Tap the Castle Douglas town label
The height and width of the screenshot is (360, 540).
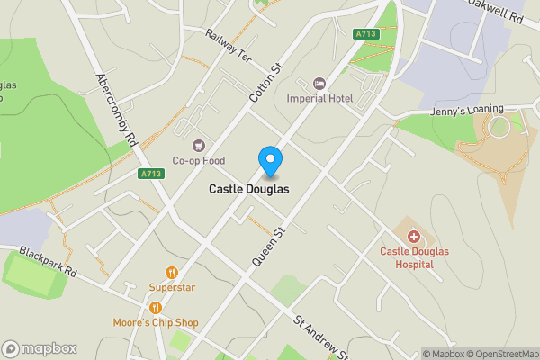click(x=249, y=190)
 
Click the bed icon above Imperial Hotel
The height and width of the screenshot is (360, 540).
click(x=318, y=83)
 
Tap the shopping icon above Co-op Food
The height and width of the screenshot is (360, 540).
click(x=199, y=145)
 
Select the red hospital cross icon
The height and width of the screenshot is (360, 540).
click(x=413, y=237)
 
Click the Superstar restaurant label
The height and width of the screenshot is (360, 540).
click(x=171, y=288)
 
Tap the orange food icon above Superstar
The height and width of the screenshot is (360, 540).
click(x=171, y=273)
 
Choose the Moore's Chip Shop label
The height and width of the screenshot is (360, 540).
click(x=156, y=322)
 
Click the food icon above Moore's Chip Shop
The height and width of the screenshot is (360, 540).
click(x=156, y=307)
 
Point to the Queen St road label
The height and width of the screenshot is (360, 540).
click(x=268, y=246)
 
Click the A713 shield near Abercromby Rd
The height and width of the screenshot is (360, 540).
click(x=150, y=173)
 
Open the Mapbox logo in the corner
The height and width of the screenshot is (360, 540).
click(x=40, y=348)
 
